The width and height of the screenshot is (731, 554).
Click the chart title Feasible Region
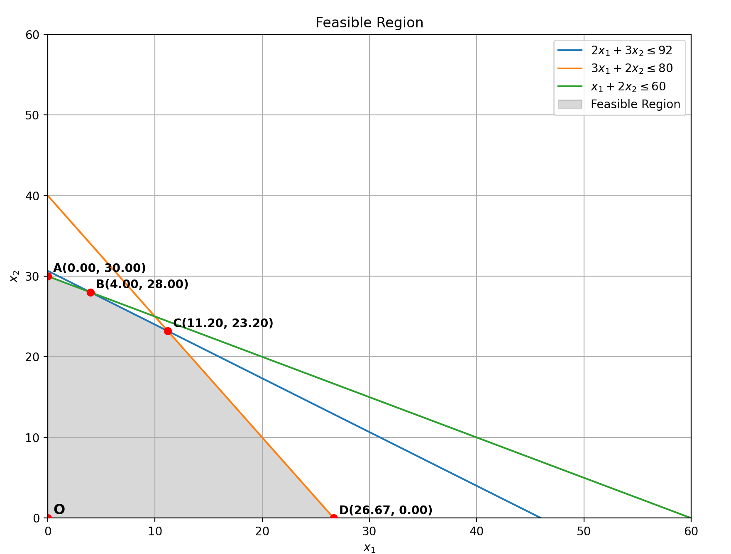(x=369, y=23)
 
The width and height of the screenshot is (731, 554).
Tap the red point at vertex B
(x=90, y=292)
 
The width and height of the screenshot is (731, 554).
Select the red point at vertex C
(x=168, y=331)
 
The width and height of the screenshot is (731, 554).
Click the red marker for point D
(x=334, y=518)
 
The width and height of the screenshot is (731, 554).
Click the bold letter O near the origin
(x=59, y=509)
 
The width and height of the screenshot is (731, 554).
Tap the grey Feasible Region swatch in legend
(x=570, y=104)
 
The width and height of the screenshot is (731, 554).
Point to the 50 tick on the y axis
(x=32, y=115)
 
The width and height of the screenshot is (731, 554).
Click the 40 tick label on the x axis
(x=477, y=531)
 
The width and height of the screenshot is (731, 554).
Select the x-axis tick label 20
(x=262, y=531)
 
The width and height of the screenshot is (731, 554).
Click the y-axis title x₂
(x=15, y=276)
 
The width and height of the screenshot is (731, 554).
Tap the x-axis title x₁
(x=369, y=548)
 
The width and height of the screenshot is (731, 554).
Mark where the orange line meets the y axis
(x=48, y=196)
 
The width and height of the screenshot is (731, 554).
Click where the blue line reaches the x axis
(x=541, y=518)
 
